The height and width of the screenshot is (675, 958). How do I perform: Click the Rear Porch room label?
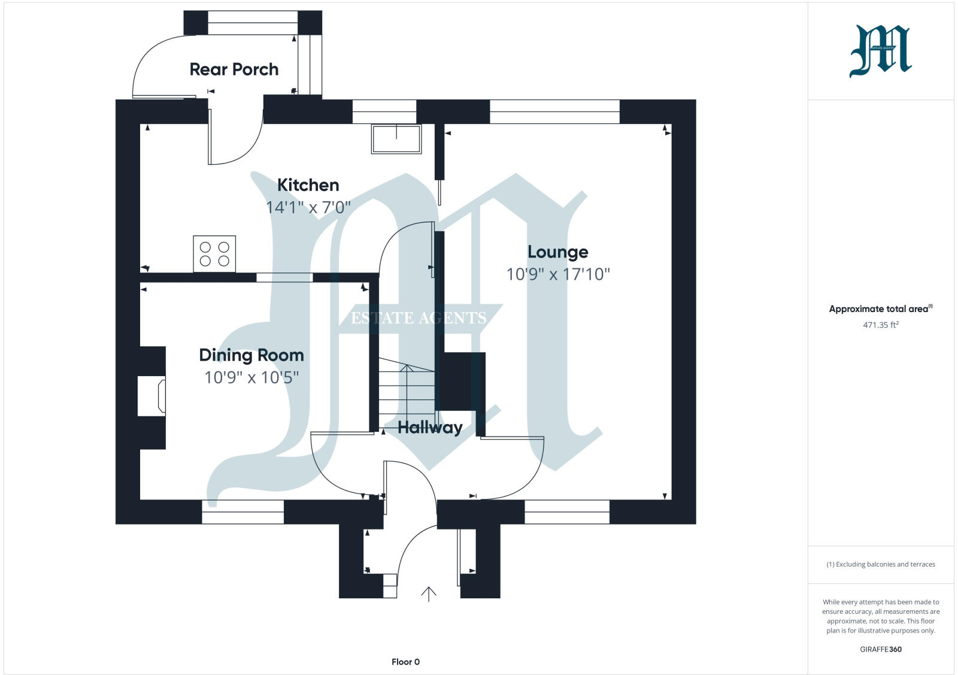point(234,69)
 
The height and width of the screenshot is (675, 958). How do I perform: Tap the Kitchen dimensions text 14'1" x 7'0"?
point(308,207)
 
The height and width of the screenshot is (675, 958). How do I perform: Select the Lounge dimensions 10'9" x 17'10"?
point(557,274)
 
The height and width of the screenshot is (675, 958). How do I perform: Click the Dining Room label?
point(251,355)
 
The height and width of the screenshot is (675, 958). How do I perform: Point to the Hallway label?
point(430,428)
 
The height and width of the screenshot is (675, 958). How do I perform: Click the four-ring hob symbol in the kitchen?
point(214,254)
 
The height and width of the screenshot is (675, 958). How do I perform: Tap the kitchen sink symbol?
point(396,138)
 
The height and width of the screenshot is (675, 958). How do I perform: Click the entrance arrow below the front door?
point(429,594)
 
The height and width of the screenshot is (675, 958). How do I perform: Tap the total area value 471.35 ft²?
point(881,325)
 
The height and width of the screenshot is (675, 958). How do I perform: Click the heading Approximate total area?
point(878,309)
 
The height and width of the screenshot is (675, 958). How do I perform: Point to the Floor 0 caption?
point(405,662)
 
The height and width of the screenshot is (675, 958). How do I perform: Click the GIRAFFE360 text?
point(881,649)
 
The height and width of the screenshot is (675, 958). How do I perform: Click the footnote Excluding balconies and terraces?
point(881,564)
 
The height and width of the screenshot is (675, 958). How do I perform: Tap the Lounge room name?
point(557,252)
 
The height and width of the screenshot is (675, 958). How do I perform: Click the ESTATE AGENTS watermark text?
point(418,318)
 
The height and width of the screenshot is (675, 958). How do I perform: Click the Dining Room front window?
point(242,511)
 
